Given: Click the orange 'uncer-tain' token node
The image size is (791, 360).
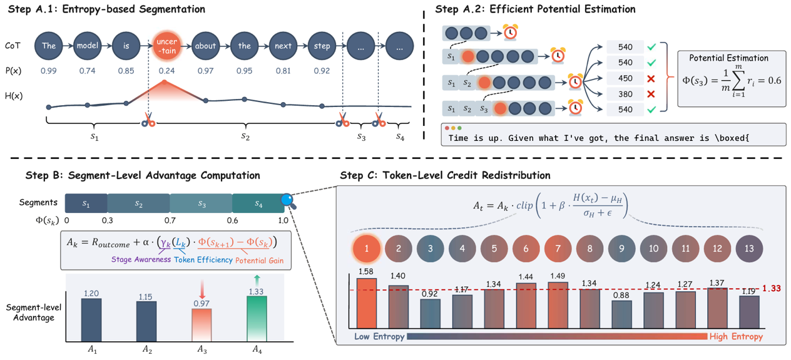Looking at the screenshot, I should pyautogui.click(x=164, y=46).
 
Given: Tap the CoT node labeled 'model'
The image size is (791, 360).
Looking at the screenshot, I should pyautogui.click(x=87, y=46).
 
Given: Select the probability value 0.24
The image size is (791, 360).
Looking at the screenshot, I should pyautogui.click(x=165, y=71).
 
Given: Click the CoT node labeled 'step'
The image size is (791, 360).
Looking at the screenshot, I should pyautogui.click(x=322, y=46).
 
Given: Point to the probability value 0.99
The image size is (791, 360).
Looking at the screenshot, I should pyautogui.click(x=48, y=71).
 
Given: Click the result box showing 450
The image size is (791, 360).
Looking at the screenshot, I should pyautogui.click(x=625, y=78).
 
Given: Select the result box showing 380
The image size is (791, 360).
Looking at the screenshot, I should pyautogui.click(x=625, y=94).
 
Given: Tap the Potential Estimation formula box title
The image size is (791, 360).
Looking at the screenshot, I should pyautogui.click(x=728, y=58).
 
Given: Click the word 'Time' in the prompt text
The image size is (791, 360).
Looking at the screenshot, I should pyautogui.click(x=459, y=136).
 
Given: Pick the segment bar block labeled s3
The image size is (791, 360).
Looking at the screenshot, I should pyautogui.click(x=202, y=203).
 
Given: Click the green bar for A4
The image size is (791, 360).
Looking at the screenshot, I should pyautogui.click(x=257, y=318).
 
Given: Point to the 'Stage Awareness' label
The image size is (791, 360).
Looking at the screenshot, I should pyautogui.click(x=141, y=259).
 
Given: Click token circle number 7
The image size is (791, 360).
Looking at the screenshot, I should pyautogui.click(x=558, y=249).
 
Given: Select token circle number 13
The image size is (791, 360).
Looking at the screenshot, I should pyautogui.click(x=749, y=249).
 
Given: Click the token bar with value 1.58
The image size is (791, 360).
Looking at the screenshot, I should pyautogui.click(x=367, y=303).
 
